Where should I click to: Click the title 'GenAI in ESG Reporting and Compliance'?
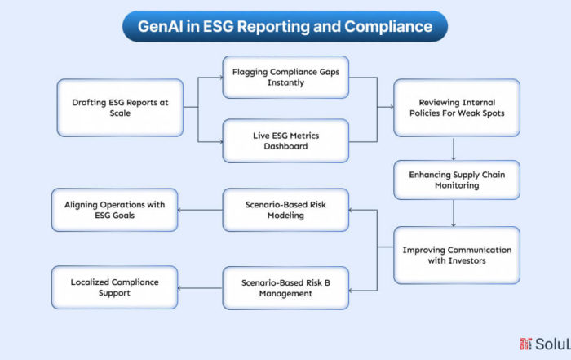tap(285, 26)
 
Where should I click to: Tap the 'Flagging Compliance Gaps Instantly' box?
tap(285, 77)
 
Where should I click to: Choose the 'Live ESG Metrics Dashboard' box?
tap(285, 140)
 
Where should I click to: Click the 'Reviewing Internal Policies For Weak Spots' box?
tap(457, 107)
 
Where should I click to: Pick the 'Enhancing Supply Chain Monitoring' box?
tap(457, 180)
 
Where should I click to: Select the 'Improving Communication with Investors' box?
tap(457, 255)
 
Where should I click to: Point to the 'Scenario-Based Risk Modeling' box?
tap(285, 210)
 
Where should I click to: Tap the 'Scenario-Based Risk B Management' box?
tap(285, 287)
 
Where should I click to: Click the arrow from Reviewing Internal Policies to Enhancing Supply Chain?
tap(454, 148)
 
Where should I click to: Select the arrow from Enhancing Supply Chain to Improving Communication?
tap(454, 214)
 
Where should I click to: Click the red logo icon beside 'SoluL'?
tap(526, 344)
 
